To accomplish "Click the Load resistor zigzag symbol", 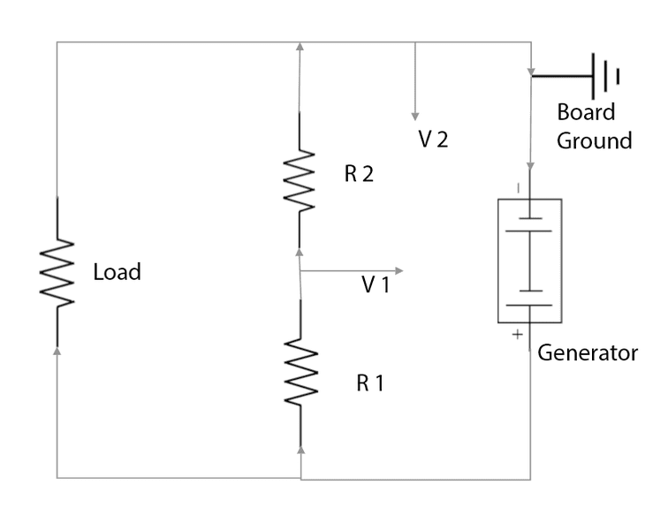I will (57, 272).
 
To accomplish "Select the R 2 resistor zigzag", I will (300, 180).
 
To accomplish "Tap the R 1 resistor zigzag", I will (301, 374).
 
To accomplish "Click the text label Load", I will (117, 272).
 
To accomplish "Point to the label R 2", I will (360, 174).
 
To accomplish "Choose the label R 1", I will (371, 383).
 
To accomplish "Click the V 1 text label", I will (376, 284).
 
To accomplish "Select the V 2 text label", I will (434, 139).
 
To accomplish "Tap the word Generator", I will (588, 353).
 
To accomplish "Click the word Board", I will (586, 113).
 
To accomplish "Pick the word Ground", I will (594, 140).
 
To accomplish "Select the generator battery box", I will (529, 261).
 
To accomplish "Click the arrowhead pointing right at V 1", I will (399, 270).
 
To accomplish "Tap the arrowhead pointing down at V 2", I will (414, 116).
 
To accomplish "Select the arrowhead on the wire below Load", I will (57, 351).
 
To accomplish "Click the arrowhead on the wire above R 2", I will (300, 46).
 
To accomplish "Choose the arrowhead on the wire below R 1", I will (301, 450).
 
